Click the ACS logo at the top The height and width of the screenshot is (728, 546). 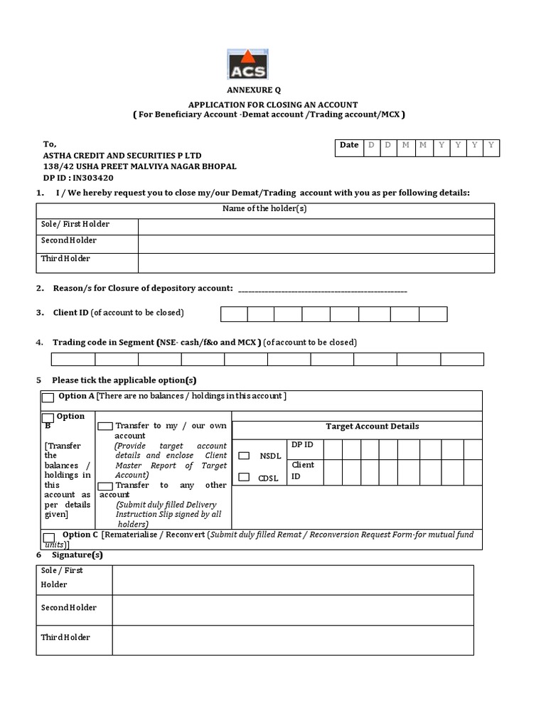[x=247, y=65]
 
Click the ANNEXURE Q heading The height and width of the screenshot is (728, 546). [x=254, y=90]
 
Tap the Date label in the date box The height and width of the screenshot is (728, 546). [x=349, y=145]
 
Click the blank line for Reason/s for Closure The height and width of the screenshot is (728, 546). [x=322, y=289]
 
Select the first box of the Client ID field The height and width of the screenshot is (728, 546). [x=234, y=314]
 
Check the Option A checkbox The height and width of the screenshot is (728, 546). [x=48, y=397]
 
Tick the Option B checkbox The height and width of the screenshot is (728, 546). [x=48, y=418]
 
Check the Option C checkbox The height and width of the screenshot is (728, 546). [x=48, y=537]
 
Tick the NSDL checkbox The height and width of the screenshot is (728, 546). [x=244, y=456]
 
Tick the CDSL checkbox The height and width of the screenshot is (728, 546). [x=244, y=477]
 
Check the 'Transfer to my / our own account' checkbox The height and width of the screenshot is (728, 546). [x=105, y=426]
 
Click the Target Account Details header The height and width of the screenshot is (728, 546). [x=372, y=427]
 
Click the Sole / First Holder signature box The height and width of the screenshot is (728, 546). [x=292, y=580]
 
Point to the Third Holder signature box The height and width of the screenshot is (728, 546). [x=292, y=640]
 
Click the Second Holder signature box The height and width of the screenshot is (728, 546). [x=292, y=610]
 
